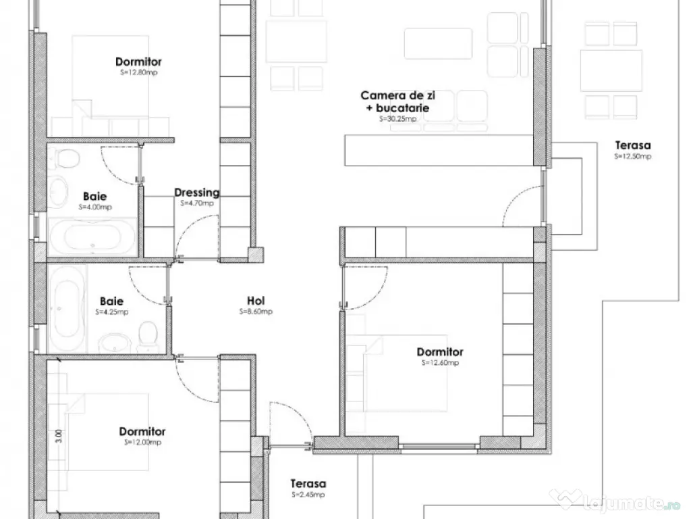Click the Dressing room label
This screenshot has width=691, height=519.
point(197,193)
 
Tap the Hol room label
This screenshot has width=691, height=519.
point(256,301)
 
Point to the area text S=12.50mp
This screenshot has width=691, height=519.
point(632,156)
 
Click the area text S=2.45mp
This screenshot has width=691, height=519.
point(308,495)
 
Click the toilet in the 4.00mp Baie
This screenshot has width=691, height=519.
point(67,159)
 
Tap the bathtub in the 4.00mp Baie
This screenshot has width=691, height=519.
point(92,236)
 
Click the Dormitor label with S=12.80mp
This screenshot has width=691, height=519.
point(138,62)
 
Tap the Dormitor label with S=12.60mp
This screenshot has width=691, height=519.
point(440,352)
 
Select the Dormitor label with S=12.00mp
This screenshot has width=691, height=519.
point(142,432)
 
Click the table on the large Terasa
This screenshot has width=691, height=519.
point(611,70)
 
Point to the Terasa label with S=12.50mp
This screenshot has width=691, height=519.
point(633,145)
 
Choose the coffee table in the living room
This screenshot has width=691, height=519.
point(438,43)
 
